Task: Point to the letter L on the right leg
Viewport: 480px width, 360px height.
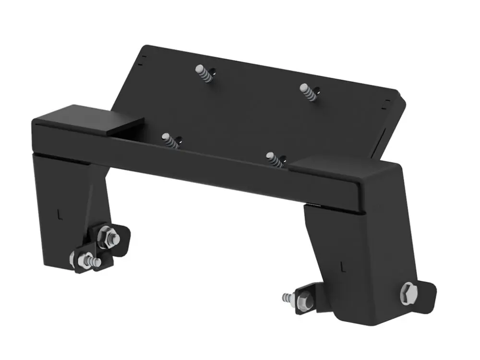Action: point(342,264)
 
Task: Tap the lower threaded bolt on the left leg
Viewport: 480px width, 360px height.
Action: point(91,262)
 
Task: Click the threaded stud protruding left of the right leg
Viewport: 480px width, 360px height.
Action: point(288,298)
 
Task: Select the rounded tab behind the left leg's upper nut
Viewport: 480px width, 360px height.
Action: point(122,238)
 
